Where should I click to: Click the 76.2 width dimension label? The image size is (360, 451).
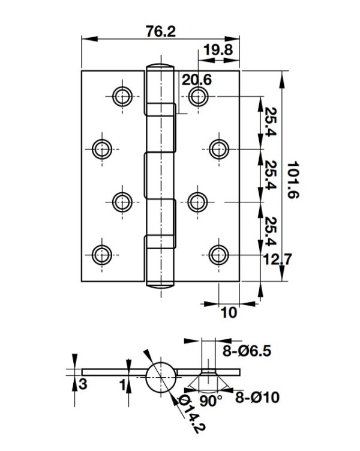161,31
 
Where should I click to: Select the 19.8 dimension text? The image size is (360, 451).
218,50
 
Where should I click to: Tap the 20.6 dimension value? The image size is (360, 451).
197,79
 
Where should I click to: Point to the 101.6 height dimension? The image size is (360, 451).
293,180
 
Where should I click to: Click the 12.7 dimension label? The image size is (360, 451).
277,259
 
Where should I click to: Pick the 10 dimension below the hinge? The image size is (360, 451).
229,312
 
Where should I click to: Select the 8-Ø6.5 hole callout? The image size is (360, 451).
247,351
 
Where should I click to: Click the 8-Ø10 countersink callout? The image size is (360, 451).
257,398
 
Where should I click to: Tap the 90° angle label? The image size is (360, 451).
211,401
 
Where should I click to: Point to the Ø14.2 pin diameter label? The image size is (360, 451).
192,414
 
